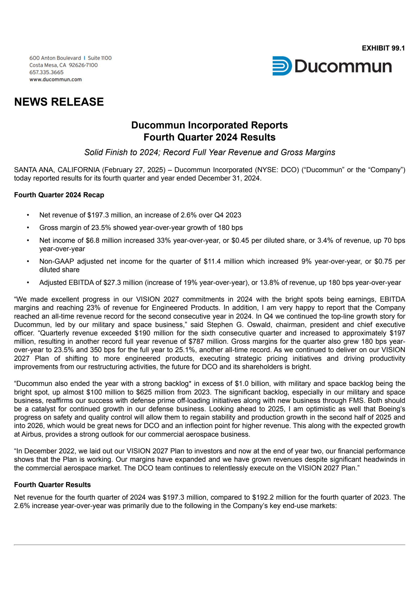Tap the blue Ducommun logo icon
point(282,66)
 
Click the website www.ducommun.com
point(56,80)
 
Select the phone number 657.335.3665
point(46,72)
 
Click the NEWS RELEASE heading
point(59,102)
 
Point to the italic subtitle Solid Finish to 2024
point(210,152)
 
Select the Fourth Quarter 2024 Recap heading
point(59,195)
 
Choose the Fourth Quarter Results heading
point(52,485)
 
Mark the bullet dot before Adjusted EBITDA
point(28,283)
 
